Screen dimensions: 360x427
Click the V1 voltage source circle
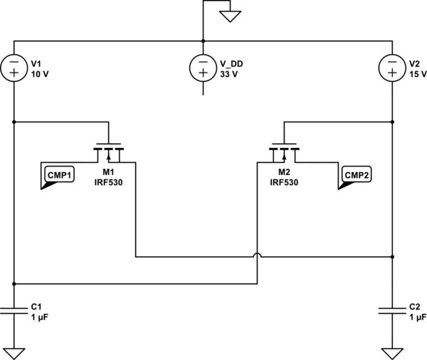click(x=14, y=68)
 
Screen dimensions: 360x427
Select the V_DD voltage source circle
click(x=203, y=68)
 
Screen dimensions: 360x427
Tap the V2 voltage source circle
click(x=392, y=68)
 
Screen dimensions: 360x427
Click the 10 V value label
click(x=39, y=74)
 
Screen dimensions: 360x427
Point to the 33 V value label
click(x=228, y=74)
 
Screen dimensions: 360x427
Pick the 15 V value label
click(x=417, y=74)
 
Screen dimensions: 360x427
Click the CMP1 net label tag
click(x=58, y=176)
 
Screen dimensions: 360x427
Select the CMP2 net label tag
click(x=354, y=176)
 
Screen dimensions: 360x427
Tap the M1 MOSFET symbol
click(x=109, y=152)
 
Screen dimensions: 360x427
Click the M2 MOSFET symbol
click(x=284, y=152)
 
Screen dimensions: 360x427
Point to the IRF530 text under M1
click(x=109, y=183)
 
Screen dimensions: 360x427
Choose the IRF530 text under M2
click(x=284, y=183)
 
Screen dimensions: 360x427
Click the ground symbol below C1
click(x=14, y=352)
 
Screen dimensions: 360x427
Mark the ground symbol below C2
click(x=392, y=352)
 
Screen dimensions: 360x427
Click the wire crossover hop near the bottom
click(x=256, y=256)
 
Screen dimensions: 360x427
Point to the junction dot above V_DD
click(x=203, y=41)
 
